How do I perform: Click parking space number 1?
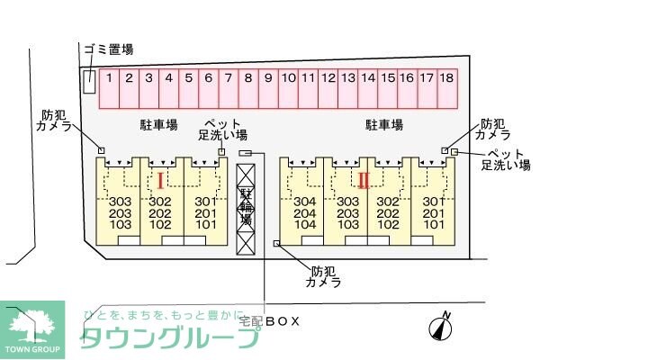108,79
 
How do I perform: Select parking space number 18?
447,79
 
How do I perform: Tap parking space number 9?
267,79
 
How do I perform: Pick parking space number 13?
347,79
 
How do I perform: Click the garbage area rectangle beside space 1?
88,81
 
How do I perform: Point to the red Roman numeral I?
160,180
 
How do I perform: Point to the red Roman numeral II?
363,180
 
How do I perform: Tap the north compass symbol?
440,328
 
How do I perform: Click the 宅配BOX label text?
268,320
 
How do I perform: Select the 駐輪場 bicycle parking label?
246,208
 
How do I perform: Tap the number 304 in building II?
304,202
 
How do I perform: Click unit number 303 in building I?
120,202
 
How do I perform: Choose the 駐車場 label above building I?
158,125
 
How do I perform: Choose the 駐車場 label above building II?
383,125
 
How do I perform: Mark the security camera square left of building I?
102,150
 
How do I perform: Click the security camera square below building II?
276,244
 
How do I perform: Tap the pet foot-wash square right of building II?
455,153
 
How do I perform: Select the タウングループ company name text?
171,337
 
